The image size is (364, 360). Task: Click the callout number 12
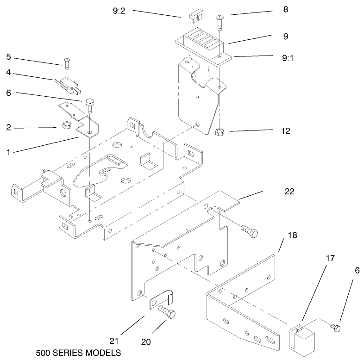click(285, 131)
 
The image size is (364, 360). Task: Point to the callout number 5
click(8, 57)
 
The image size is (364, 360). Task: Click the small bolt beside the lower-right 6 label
click(335, 327)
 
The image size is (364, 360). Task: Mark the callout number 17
click(317, 258)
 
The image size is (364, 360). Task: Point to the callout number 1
click(9, 150)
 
